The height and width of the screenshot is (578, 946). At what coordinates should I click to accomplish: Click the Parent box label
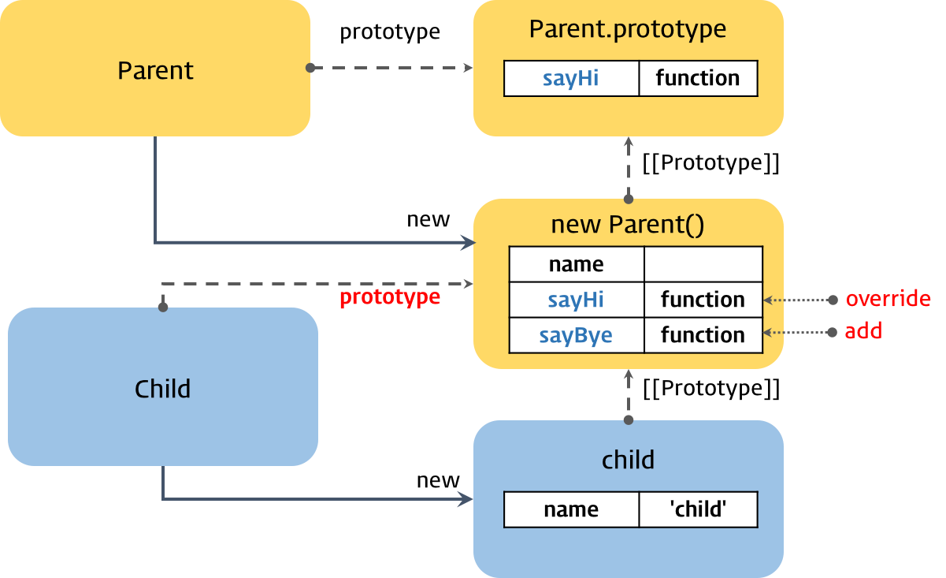155,70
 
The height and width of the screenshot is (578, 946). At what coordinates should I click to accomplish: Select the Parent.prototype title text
627,29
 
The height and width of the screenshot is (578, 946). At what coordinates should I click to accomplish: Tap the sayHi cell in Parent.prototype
571,78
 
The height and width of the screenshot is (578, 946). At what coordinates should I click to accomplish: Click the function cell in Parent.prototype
698,78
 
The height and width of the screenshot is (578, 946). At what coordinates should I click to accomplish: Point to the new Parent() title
627,225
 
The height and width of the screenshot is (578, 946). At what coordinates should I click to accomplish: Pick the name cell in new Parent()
576,264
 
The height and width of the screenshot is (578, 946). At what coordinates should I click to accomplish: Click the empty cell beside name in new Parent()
703,264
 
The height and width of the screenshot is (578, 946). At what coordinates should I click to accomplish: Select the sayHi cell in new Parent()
576,300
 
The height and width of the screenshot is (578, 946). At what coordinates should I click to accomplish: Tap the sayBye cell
576,335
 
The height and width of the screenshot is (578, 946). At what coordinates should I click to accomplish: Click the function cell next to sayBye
703,335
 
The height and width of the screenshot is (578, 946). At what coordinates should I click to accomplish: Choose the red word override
888,300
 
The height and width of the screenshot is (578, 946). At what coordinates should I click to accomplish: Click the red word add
863,332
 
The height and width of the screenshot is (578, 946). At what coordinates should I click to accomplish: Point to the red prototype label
389,297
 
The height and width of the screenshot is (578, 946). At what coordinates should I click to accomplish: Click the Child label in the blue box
162,389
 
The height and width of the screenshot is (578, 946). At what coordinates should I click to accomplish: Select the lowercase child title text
628,460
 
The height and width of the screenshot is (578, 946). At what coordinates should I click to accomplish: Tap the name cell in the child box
571,509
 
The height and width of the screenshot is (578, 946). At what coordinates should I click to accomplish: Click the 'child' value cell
698,509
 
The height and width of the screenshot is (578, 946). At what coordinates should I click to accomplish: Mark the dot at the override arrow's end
833,300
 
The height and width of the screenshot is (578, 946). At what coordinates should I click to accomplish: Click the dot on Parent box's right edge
310,68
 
